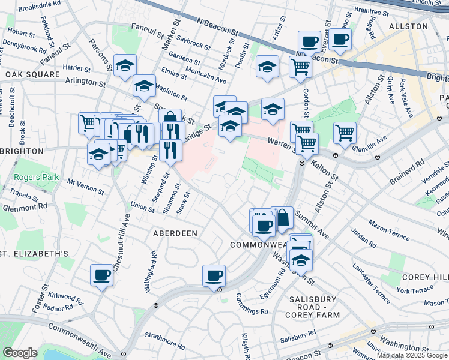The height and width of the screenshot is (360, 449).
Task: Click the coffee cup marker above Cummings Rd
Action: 214,275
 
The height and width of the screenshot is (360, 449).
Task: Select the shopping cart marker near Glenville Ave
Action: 345,133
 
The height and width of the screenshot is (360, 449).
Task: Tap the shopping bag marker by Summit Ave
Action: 282,218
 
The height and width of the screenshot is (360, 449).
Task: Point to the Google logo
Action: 20,353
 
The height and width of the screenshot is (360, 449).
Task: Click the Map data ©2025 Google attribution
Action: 412,355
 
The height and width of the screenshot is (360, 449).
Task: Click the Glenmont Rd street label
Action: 24,206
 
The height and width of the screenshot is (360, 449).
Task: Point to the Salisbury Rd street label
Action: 296,334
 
